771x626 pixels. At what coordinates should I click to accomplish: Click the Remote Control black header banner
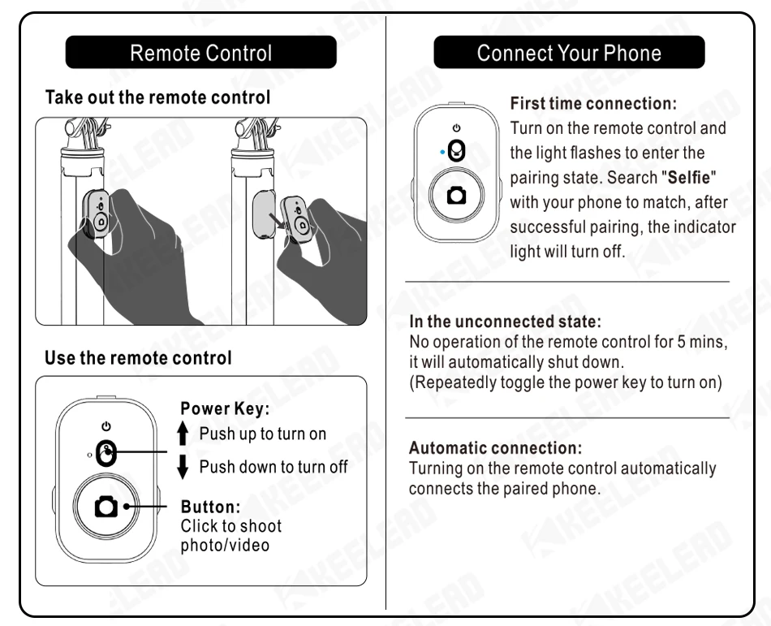200,54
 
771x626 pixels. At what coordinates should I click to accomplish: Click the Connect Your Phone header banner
569,54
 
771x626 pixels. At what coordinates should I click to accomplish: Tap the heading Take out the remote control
157,97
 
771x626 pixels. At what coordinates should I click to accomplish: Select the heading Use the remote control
138,358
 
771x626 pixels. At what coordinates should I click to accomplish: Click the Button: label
210,507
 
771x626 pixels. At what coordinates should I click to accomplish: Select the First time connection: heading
592,104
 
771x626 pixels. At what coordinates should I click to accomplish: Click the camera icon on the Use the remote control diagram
107,507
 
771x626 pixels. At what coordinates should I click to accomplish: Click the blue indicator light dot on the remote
441,152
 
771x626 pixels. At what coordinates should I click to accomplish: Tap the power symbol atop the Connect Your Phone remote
456,128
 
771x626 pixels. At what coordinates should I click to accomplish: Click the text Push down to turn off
274,467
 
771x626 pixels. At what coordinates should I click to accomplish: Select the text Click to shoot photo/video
231,535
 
